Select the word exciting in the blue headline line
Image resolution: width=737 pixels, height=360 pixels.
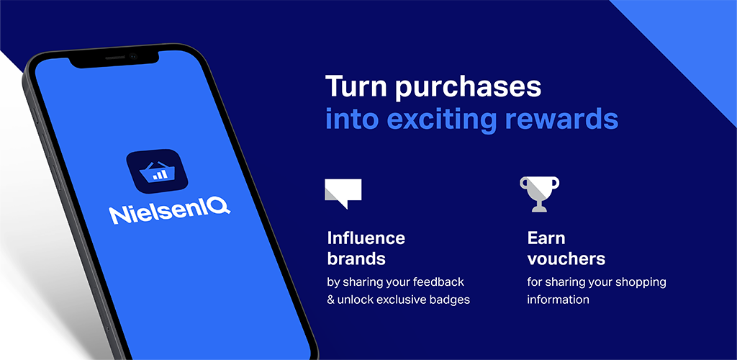tap(443, 120)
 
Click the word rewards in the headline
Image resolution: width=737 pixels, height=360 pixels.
tap(561, 120)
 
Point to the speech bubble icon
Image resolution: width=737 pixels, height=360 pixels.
tap(343, 193)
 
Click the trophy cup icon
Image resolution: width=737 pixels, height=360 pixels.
tap(540, 194)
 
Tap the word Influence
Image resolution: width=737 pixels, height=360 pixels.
tap(366, 238)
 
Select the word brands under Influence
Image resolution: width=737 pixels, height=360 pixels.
tap(356, 258)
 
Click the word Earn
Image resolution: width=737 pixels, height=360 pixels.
tap(546, 238)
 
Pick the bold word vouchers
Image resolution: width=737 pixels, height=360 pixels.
tap(566, 258)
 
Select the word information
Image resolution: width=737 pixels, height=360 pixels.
tap(559, 300)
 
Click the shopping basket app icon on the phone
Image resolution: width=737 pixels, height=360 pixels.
tap(157, 171)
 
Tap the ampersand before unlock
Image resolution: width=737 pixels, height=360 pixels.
tap(330, 300)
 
